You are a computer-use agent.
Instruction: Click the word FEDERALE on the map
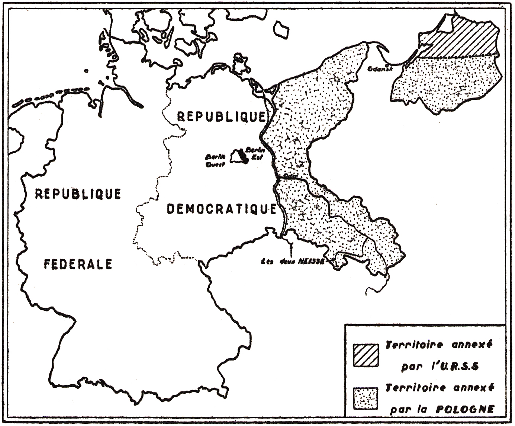coord(78,264)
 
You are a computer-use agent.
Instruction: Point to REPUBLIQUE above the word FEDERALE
coord(78,194)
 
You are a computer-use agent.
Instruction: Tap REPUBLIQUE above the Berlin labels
coord(221,117)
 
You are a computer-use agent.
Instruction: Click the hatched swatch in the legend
coord(366,355)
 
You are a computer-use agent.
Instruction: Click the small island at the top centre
coord(281,29)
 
